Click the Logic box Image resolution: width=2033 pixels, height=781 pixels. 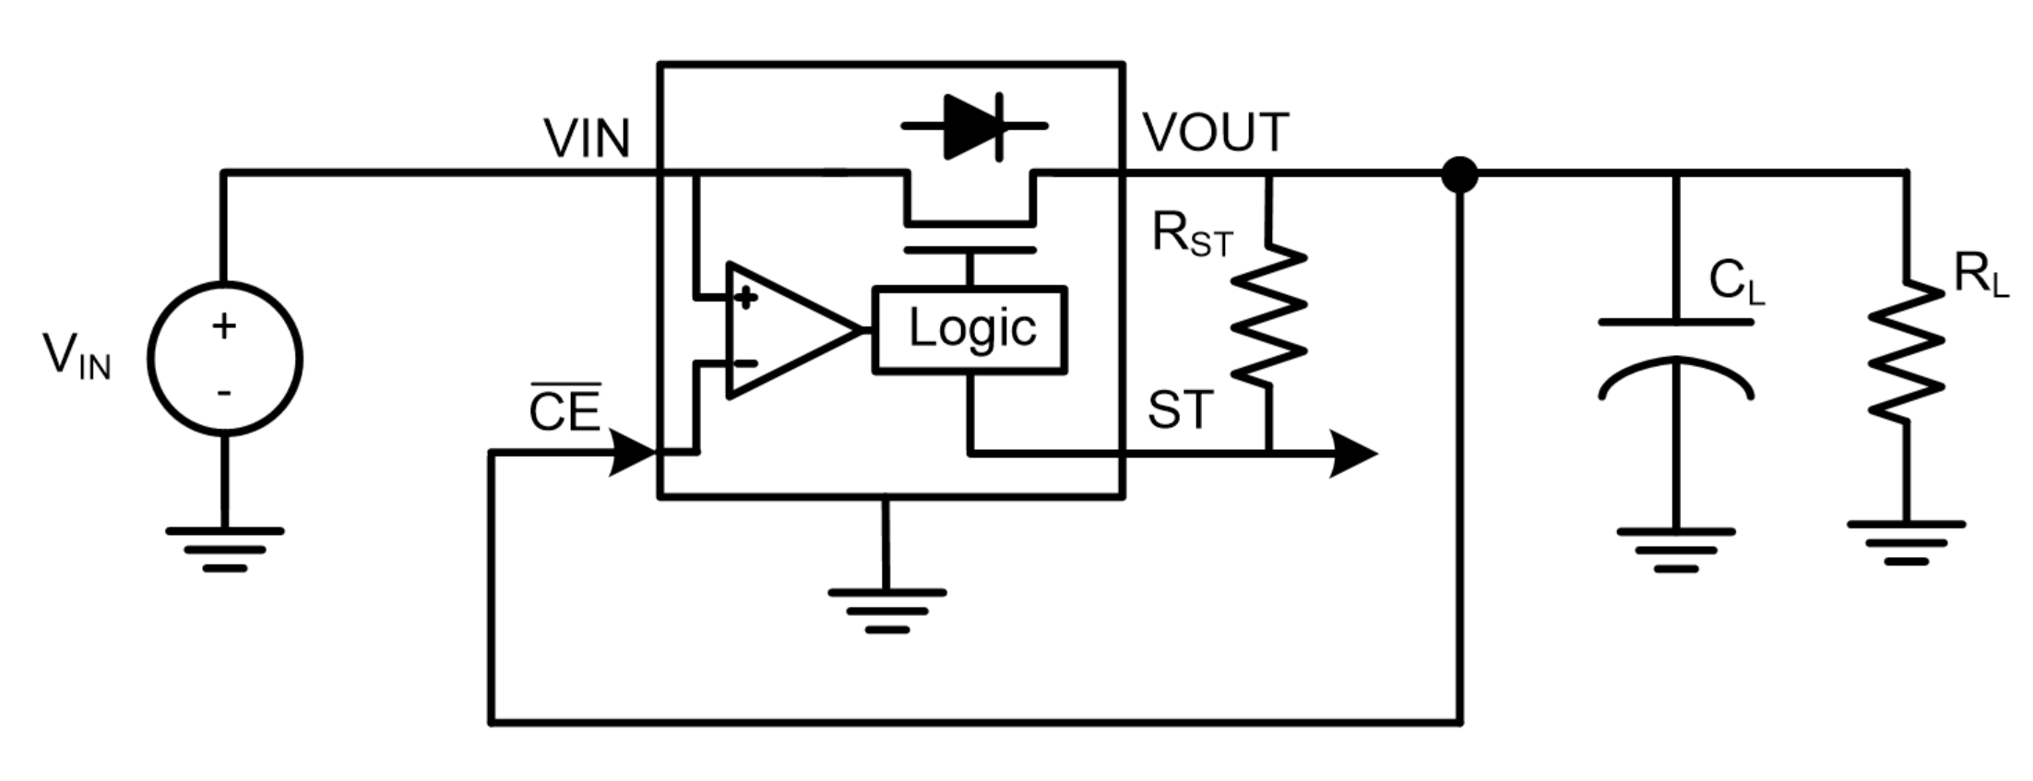(969, 330)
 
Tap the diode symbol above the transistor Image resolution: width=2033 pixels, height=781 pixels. (974, 126)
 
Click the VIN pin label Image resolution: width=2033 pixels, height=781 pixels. (587, 139)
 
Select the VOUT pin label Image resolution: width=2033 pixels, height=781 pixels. (1215, 133)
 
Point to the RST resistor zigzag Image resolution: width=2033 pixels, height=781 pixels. (1269, 314)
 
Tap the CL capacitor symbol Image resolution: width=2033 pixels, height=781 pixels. (1675, 360)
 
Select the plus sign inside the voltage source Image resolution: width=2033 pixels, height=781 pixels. (224, 325)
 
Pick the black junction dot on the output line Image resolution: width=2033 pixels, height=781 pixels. (1459, 173)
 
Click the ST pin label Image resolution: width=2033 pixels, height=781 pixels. (1180, 410)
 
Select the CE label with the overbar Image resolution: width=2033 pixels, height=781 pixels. (565, 409)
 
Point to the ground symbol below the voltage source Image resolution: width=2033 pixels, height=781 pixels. (224, 550)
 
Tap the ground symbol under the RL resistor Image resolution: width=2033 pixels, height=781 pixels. (1906, 543)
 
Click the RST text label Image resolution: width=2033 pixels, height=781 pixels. (1192, 236)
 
